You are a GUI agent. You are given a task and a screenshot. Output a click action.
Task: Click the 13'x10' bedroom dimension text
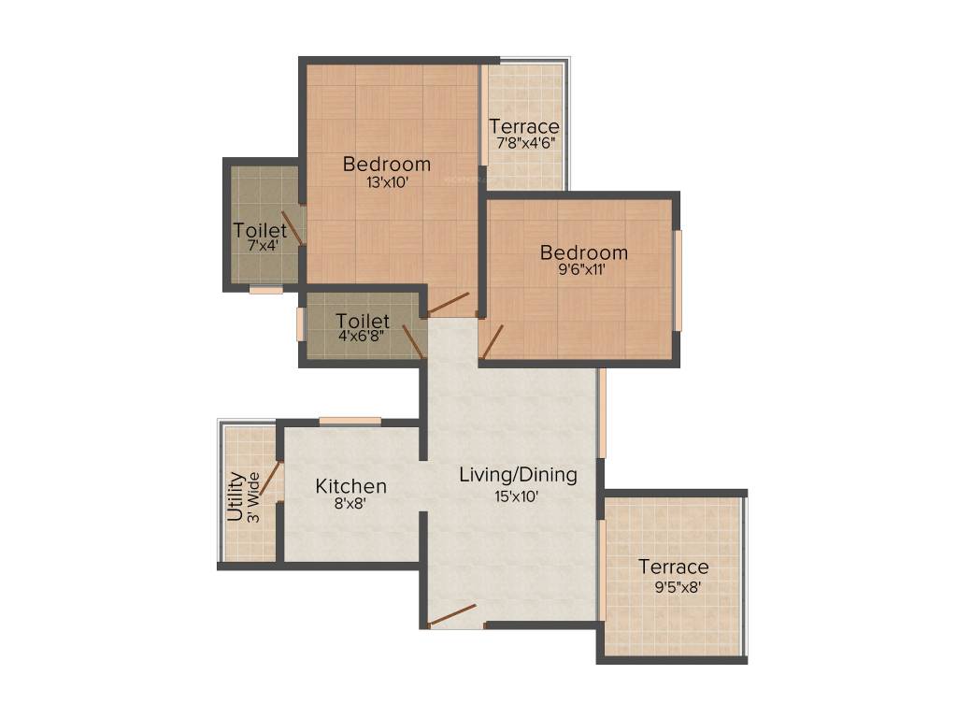point(387,183)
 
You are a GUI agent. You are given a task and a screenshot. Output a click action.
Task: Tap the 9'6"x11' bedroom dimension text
point(584,271)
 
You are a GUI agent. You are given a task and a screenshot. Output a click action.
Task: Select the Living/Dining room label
point(518,475)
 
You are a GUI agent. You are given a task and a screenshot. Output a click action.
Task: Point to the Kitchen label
point(350,486)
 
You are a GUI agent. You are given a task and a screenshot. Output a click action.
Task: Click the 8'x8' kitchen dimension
point(350,504)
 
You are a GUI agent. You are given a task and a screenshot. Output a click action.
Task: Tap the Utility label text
point(236,496)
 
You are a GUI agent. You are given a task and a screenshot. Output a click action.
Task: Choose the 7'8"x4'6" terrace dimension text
point(524,144)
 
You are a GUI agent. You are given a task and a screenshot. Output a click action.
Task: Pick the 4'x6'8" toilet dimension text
point(362,337)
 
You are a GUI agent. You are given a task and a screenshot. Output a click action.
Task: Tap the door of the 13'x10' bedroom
point(448,303)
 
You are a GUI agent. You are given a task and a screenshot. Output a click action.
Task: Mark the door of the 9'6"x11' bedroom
point(493,341)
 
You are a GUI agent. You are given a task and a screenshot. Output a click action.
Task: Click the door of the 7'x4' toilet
point(293,227)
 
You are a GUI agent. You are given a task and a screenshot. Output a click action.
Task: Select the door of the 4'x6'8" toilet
point(413,341)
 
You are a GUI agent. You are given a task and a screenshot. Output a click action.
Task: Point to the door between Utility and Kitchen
point(269,479)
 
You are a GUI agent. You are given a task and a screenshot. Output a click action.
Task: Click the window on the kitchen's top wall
point(350,421)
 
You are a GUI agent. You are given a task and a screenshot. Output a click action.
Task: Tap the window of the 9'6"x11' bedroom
point(678,280)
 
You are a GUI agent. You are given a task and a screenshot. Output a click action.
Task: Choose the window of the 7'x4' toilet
point(265,290)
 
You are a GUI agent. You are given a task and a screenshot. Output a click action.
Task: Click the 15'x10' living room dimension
point(518,495)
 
